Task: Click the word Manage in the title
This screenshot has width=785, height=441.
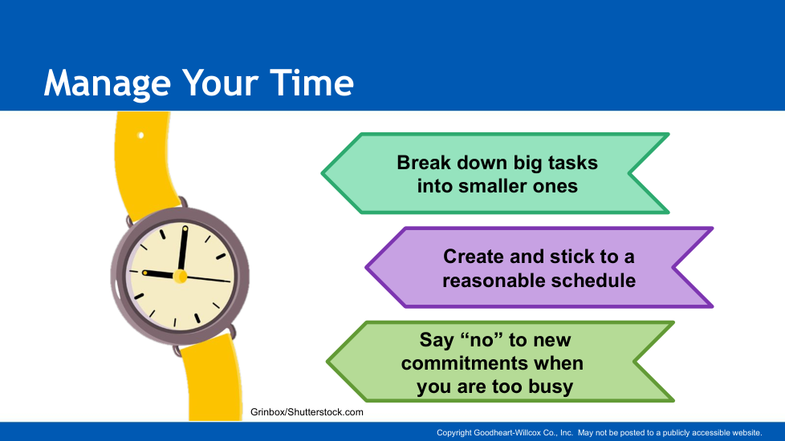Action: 107,83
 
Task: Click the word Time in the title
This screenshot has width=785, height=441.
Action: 312,83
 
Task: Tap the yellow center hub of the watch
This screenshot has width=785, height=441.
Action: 180,276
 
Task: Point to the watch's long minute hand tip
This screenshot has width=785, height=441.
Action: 185,229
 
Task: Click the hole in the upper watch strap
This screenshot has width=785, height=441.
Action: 140,135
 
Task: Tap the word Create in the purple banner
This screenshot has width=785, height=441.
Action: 474,257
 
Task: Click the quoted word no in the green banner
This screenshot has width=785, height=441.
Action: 481,340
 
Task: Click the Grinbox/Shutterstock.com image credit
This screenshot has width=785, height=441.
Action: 307,412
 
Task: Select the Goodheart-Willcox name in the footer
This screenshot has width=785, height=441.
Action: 507,432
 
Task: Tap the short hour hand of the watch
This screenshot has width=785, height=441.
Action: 161,274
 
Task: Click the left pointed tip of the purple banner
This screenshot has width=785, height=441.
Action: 367,268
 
